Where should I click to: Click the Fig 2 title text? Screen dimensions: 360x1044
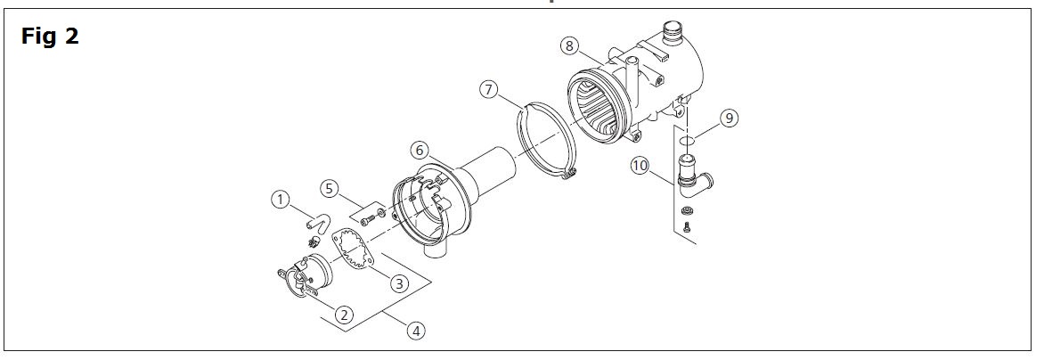pyautogui.click(x=50, y=37)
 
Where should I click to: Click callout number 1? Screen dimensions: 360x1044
pyautogui.click(x=281, y=200)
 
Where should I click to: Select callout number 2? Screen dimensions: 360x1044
pyautogui.click(x=343, y=313)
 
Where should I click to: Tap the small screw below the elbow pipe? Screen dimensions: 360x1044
pyautogui.click(x=687, y=229)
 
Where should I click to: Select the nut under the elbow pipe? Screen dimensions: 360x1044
pyautogui.click(x=687, y=211)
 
